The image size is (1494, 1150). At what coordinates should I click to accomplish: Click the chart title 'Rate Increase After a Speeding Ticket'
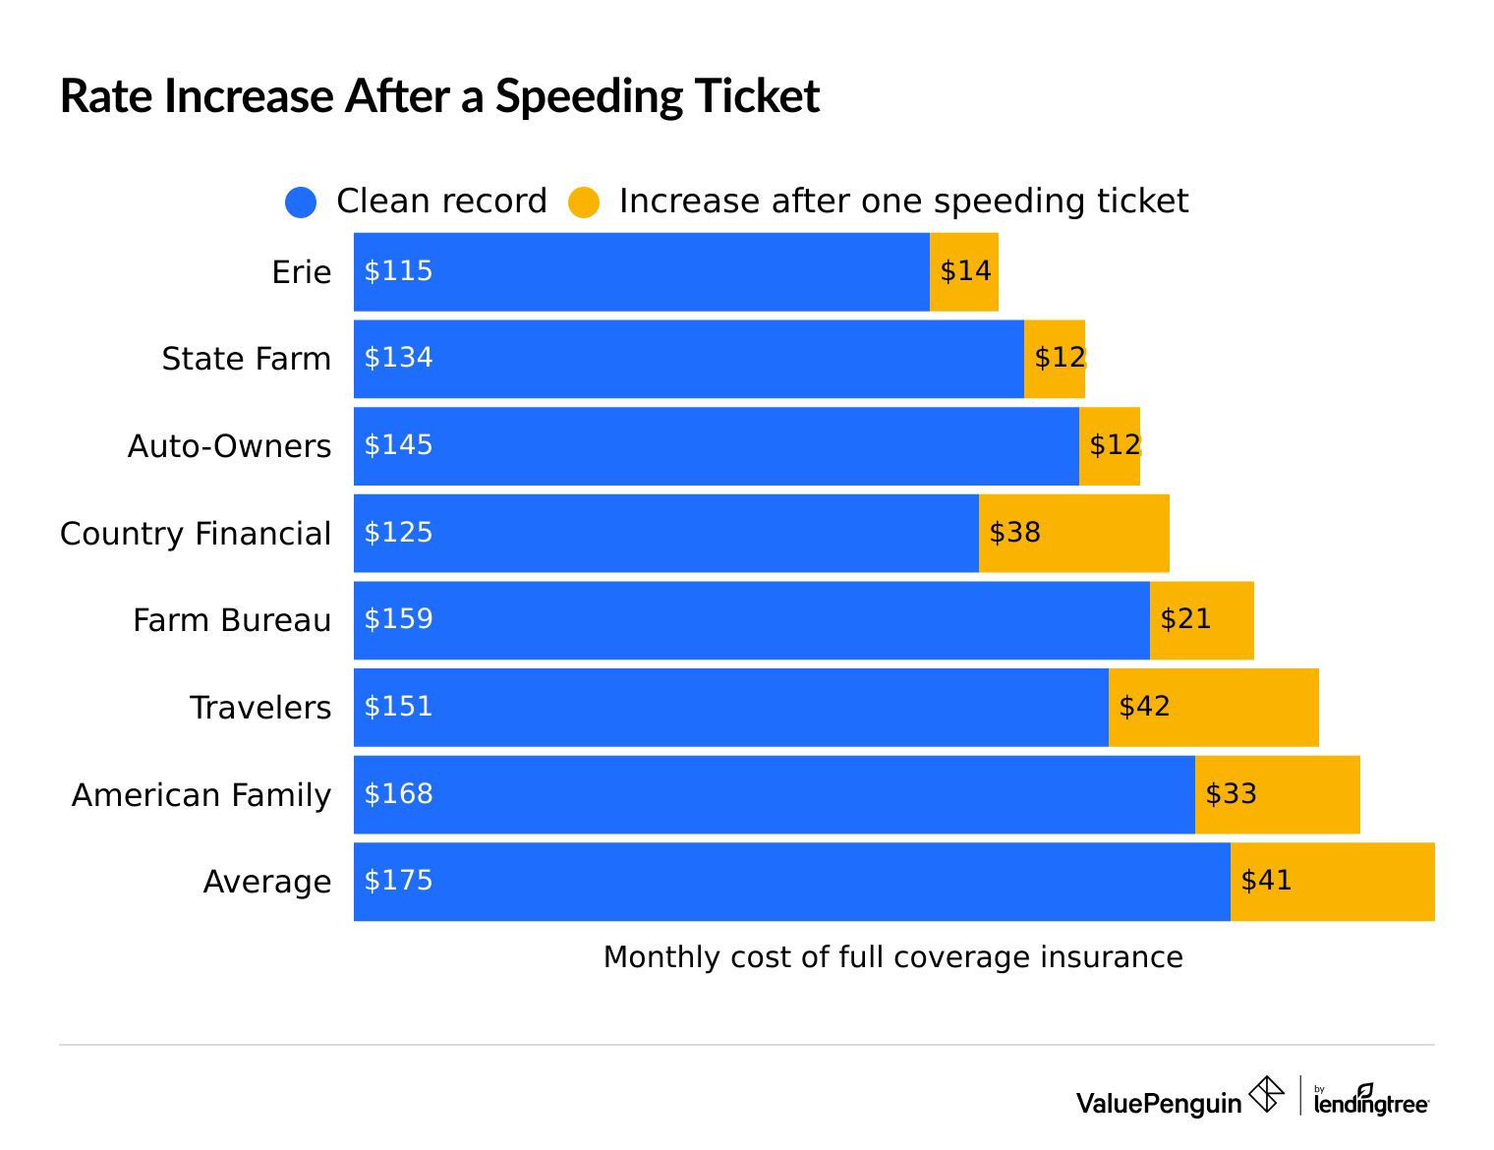click(x=439, y=96)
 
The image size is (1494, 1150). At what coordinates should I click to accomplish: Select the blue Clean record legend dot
click(x=301, y=202)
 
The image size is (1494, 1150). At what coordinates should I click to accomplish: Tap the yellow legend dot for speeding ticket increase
click(x=584, y=202)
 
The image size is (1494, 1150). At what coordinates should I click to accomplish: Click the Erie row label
click(x=302, y=272)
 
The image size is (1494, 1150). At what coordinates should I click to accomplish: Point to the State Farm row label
click(x=247, y=359)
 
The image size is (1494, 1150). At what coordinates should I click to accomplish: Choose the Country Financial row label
click(x=196, y=534)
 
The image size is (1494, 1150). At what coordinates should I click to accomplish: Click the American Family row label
click(x=201, y=794)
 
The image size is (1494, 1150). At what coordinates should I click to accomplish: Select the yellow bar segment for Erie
click(x=964, y=272)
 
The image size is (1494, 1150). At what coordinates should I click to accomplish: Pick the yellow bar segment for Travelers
click(x=1214, y=708)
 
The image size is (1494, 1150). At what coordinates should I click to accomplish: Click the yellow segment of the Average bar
click(x=1333, y=882)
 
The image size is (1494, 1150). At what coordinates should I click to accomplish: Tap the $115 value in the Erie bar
click(x=398, y=271)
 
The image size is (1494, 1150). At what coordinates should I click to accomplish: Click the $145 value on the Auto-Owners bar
click(x=398, y=445)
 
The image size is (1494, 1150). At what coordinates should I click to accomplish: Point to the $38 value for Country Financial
click(x=1014, y=533)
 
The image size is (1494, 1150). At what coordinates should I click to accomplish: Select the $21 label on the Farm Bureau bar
click(x=1185, y=619)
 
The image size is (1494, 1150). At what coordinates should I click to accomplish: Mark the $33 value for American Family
click(x=1231, y=794)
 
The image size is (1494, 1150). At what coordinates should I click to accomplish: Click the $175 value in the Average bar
click(x=398, y=881)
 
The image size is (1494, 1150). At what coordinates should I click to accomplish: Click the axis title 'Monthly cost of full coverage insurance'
click(x=892, y=957)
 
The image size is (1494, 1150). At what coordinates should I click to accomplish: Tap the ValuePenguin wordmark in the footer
click(x=1159, y=1103)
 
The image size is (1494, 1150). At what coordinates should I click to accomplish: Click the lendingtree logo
click(x=1371, y=1101)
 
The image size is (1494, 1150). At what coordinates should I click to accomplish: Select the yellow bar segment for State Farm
click(x=1055, y=359)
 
